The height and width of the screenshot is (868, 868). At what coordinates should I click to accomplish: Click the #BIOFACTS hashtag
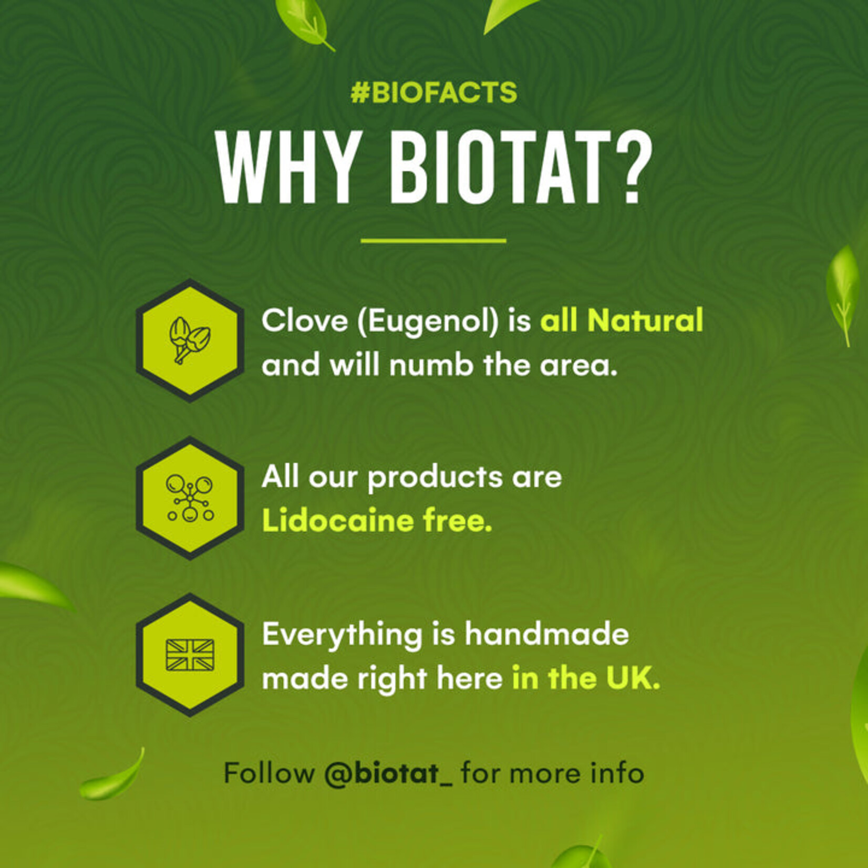[x=433, y=93]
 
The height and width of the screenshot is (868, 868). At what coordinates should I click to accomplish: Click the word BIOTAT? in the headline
[x=520, y=167]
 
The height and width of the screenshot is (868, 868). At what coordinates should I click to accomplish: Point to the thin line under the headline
[x=433, y=241]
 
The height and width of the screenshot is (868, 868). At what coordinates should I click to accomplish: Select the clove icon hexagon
[x=190, y=340]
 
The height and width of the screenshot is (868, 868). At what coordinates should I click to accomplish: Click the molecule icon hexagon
[x=190, y=498]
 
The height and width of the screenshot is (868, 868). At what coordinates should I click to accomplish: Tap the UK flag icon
[x=190, y=655]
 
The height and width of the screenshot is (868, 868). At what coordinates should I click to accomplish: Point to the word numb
[x=431, y=365]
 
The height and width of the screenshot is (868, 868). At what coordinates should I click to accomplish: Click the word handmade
[x=546, y=634]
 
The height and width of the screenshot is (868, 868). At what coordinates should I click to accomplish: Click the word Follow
[x=268, y=773]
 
